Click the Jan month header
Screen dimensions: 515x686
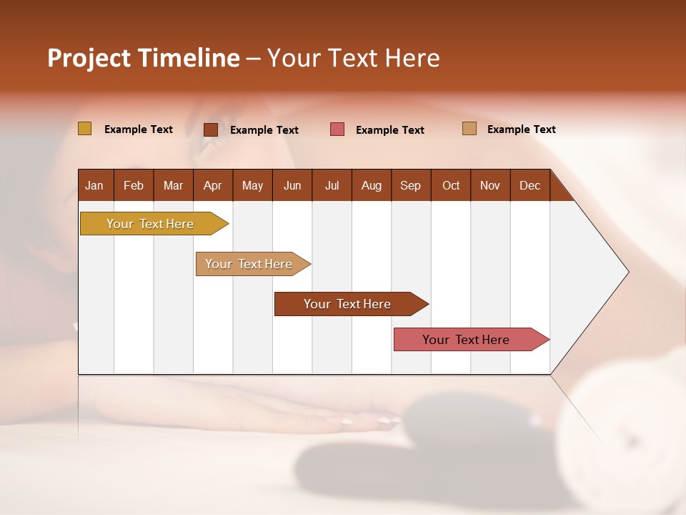pyautogui.click(x=94, y=185)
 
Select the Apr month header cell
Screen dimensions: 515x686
pyautogui.click(x=212, y=185)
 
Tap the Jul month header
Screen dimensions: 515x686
pyautogui.click(x=332, y=185)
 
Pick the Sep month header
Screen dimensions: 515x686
pyautogui.click(x=410, y=185)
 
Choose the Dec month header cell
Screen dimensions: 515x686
pyautogui.click(x=530, y=185)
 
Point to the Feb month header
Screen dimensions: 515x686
pyautogui.click(x=134, y=185)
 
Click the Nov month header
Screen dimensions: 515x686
pyautogui.click(x=490, y=185)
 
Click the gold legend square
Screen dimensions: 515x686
pyautogui.click(x=84, y=129)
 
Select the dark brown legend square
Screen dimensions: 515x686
pyautogui.click(x=210, y=129)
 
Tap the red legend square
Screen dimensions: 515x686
pyautogui.click(x=337, y=129)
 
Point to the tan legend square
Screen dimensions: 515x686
pyautogui.click(x=469, y=129)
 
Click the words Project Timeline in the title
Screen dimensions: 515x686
pyautogui.click(x=144, y=58)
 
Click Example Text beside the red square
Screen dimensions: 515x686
pyautogui.click(x=390, y=130)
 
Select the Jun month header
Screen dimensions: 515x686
pyautogui.click(x=292, y=185)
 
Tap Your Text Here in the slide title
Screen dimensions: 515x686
pyautogui.click(x=353, y=58)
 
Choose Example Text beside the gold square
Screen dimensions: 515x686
pyautogui.click(x=139, y=129)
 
